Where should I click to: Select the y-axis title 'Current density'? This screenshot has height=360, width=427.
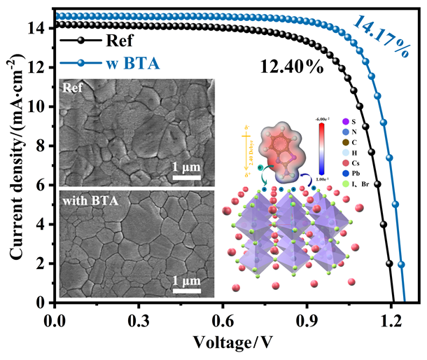point(15,154)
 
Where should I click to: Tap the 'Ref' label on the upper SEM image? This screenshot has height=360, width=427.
point(72,88)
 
